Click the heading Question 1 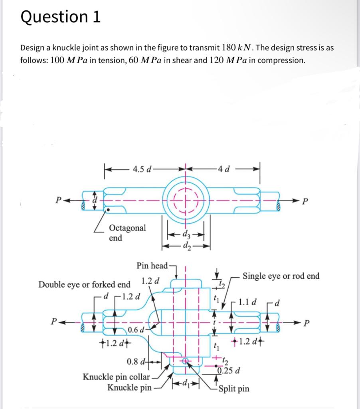(x=60, y=17)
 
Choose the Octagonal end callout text (x=127, y=232)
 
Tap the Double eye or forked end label (x=84, y=284)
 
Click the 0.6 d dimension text (x=136, y=330)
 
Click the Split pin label (x=234, y=388)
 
